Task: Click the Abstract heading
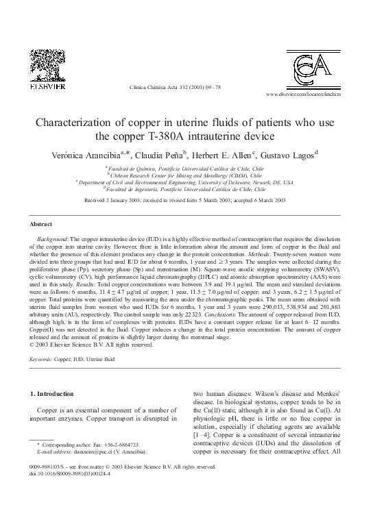click(41, 224)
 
